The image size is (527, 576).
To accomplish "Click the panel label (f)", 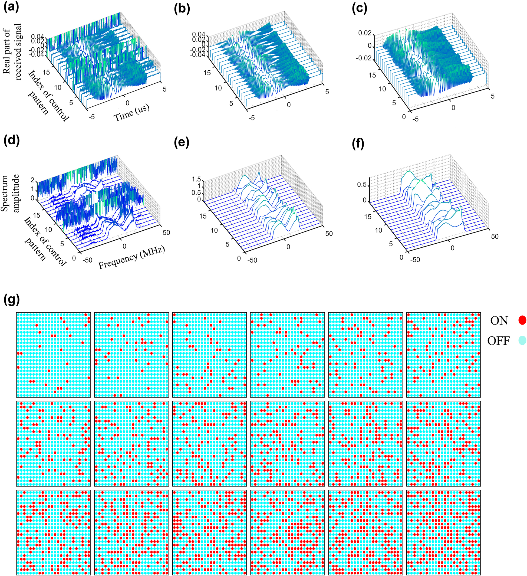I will pos(358,144).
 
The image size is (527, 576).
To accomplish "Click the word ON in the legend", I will pos(499,321).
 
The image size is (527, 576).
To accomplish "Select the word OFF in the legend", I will pos(498,341).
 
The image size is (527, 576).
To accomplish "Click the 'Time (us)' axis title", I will pos(131,113).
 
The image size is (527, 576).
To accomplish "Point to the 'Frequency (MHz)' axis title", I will pos(132,257).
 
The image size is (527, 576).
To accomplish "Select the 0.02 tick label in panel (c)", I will pos(365,33).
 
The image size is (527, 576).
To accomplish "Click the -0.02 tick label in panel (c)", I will pos(364,58).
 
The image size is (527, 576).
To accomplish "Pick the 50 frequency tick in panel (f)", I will pos(495,236).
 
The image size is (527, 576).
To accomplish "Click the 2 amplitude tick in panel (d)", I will pos(32,180).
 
